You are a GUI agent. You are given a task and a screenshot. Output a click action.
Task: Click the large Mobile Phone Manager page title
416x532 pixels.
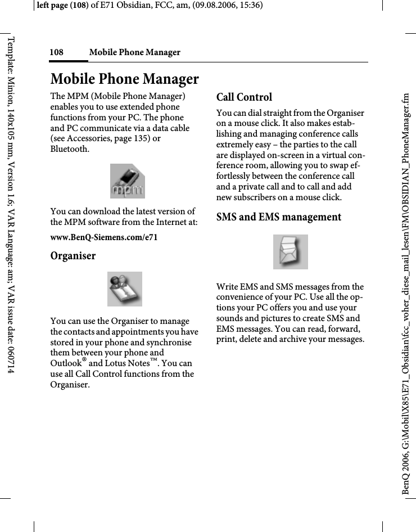click(x=124, y=78)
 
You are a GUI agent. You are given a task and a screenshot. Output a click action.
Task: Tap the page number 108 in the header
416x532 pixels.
click(x=56, y=52)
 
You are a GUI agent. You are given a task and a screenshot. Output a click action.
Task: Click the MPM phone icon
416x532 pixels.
click(x=127, y=181)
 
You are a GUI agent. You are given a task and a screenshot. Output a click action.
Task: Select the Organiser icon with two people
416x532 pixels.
click(x=124, y=288)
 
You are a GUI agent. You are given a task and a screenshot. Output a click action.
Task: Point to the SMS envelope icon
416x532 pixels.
click(x=290, y=252)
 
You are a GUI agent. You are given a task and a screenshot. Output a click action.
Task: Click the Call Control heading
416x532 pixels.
click(x=244, y=97)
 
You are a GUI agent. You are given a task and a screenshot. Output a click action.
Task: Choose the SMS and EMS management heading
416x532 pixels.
click(x=278, y=217)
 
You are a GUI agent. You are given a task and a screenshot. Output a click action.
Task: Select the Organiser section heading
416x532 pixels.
click(x=73, y=256)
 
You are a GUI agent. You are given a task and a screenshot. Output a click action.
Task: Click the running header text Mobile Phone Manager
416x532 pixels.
click(x=135, y=52)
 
